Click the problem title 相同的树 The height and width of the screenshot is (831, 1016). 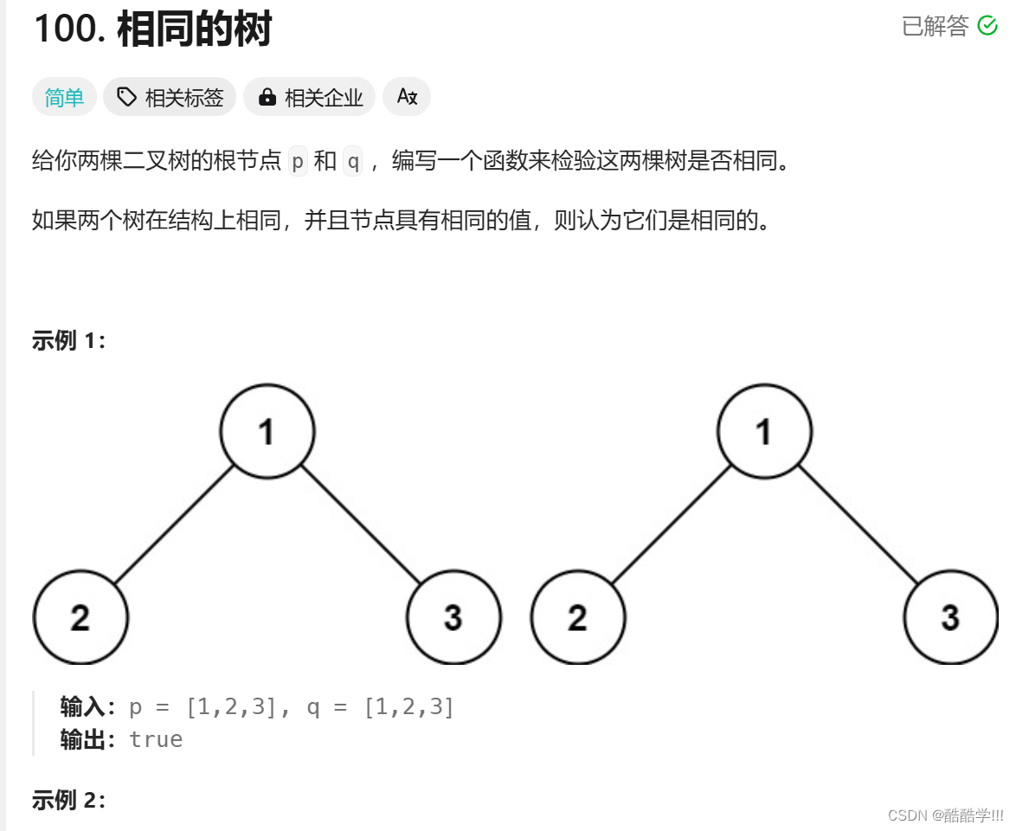pos(194,29)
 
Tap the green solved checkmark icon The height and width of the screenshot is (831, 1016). pos(987,26)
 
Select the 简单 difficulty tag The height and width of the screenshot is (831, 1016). pos(64,98)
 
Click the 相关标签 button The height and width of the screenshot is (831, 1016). pos(170,98)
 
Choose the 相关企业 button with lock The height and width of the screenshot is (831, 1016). pos(310,98)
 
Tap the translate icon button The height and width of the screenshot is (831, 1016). pos(407,97)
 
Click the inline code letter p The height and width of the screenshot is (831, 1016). pos(298,162)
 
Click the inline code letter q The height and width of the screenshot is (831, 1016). pos(352,162)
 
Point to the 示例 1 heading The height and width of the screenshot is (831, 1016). pos(68,341)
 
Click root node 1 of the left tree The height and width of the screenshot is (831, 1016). pos(267,431)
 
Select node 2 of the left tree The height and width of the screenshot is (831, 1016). pos(80,618)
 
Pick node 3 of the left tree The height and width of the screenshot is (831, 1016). pos(453,618)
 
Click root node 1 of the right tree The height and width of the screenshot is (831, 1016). pos(764,431)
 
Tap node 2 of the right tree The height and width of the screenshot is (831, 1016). pos(578,618)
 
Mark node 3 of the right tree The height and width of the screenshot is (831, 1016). pos(950,618)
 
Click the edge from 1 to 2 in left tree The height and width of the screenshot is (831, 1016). pos(174,525)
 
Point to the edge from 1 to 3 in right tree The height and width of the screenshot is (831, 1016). pos(858,525)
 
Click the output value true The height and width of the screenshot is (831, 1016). pos(156,739)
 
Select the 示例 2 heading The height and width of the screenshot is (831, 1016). pos(68,801)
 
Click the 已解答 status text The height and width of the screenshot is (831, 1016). pos(936,26)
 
